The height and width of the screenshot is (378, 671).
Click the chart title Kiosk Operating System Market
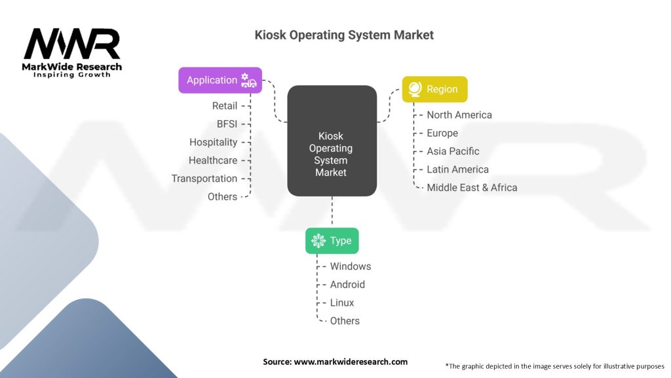tap(344, 35)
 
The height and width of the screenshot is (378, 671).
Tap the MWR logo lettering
tap(72, 44)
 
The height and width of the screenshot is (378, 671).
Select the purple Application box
tap(220, 80)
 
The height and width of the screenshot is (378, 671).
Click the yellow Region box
tap(434, 89)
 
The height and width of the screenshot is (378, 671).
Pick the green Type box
tap(332, 241)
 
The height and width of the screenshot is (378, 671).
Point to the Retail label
tap(225, 106)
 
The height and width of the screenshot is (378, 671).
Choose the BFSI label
tap(227, 123)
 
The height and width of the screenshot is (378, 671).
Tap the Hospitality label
tap(214, 142)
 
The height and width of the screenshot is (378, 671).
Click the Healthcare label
tap(213, 160)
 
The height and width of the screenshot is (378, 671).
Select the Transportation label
tap(204, 178)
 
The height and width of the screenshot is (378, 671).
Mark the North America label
tap(459, 115)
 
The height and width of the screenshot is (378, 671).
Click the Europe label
tap(442, 133)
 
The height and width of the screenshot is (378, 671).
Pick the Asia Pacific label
tap(453, 151)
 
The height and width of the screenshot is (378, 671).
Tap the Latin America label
tap(457, 169)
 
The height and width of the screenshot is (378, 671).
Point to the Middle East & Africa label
tap(472, 188)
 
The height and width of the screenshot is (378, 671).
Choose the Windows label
tap(351, 266)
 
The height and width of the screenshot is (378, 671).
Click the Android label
tap(347, 285)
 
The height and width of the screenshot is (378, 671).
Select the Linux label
tap(342, 303)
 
